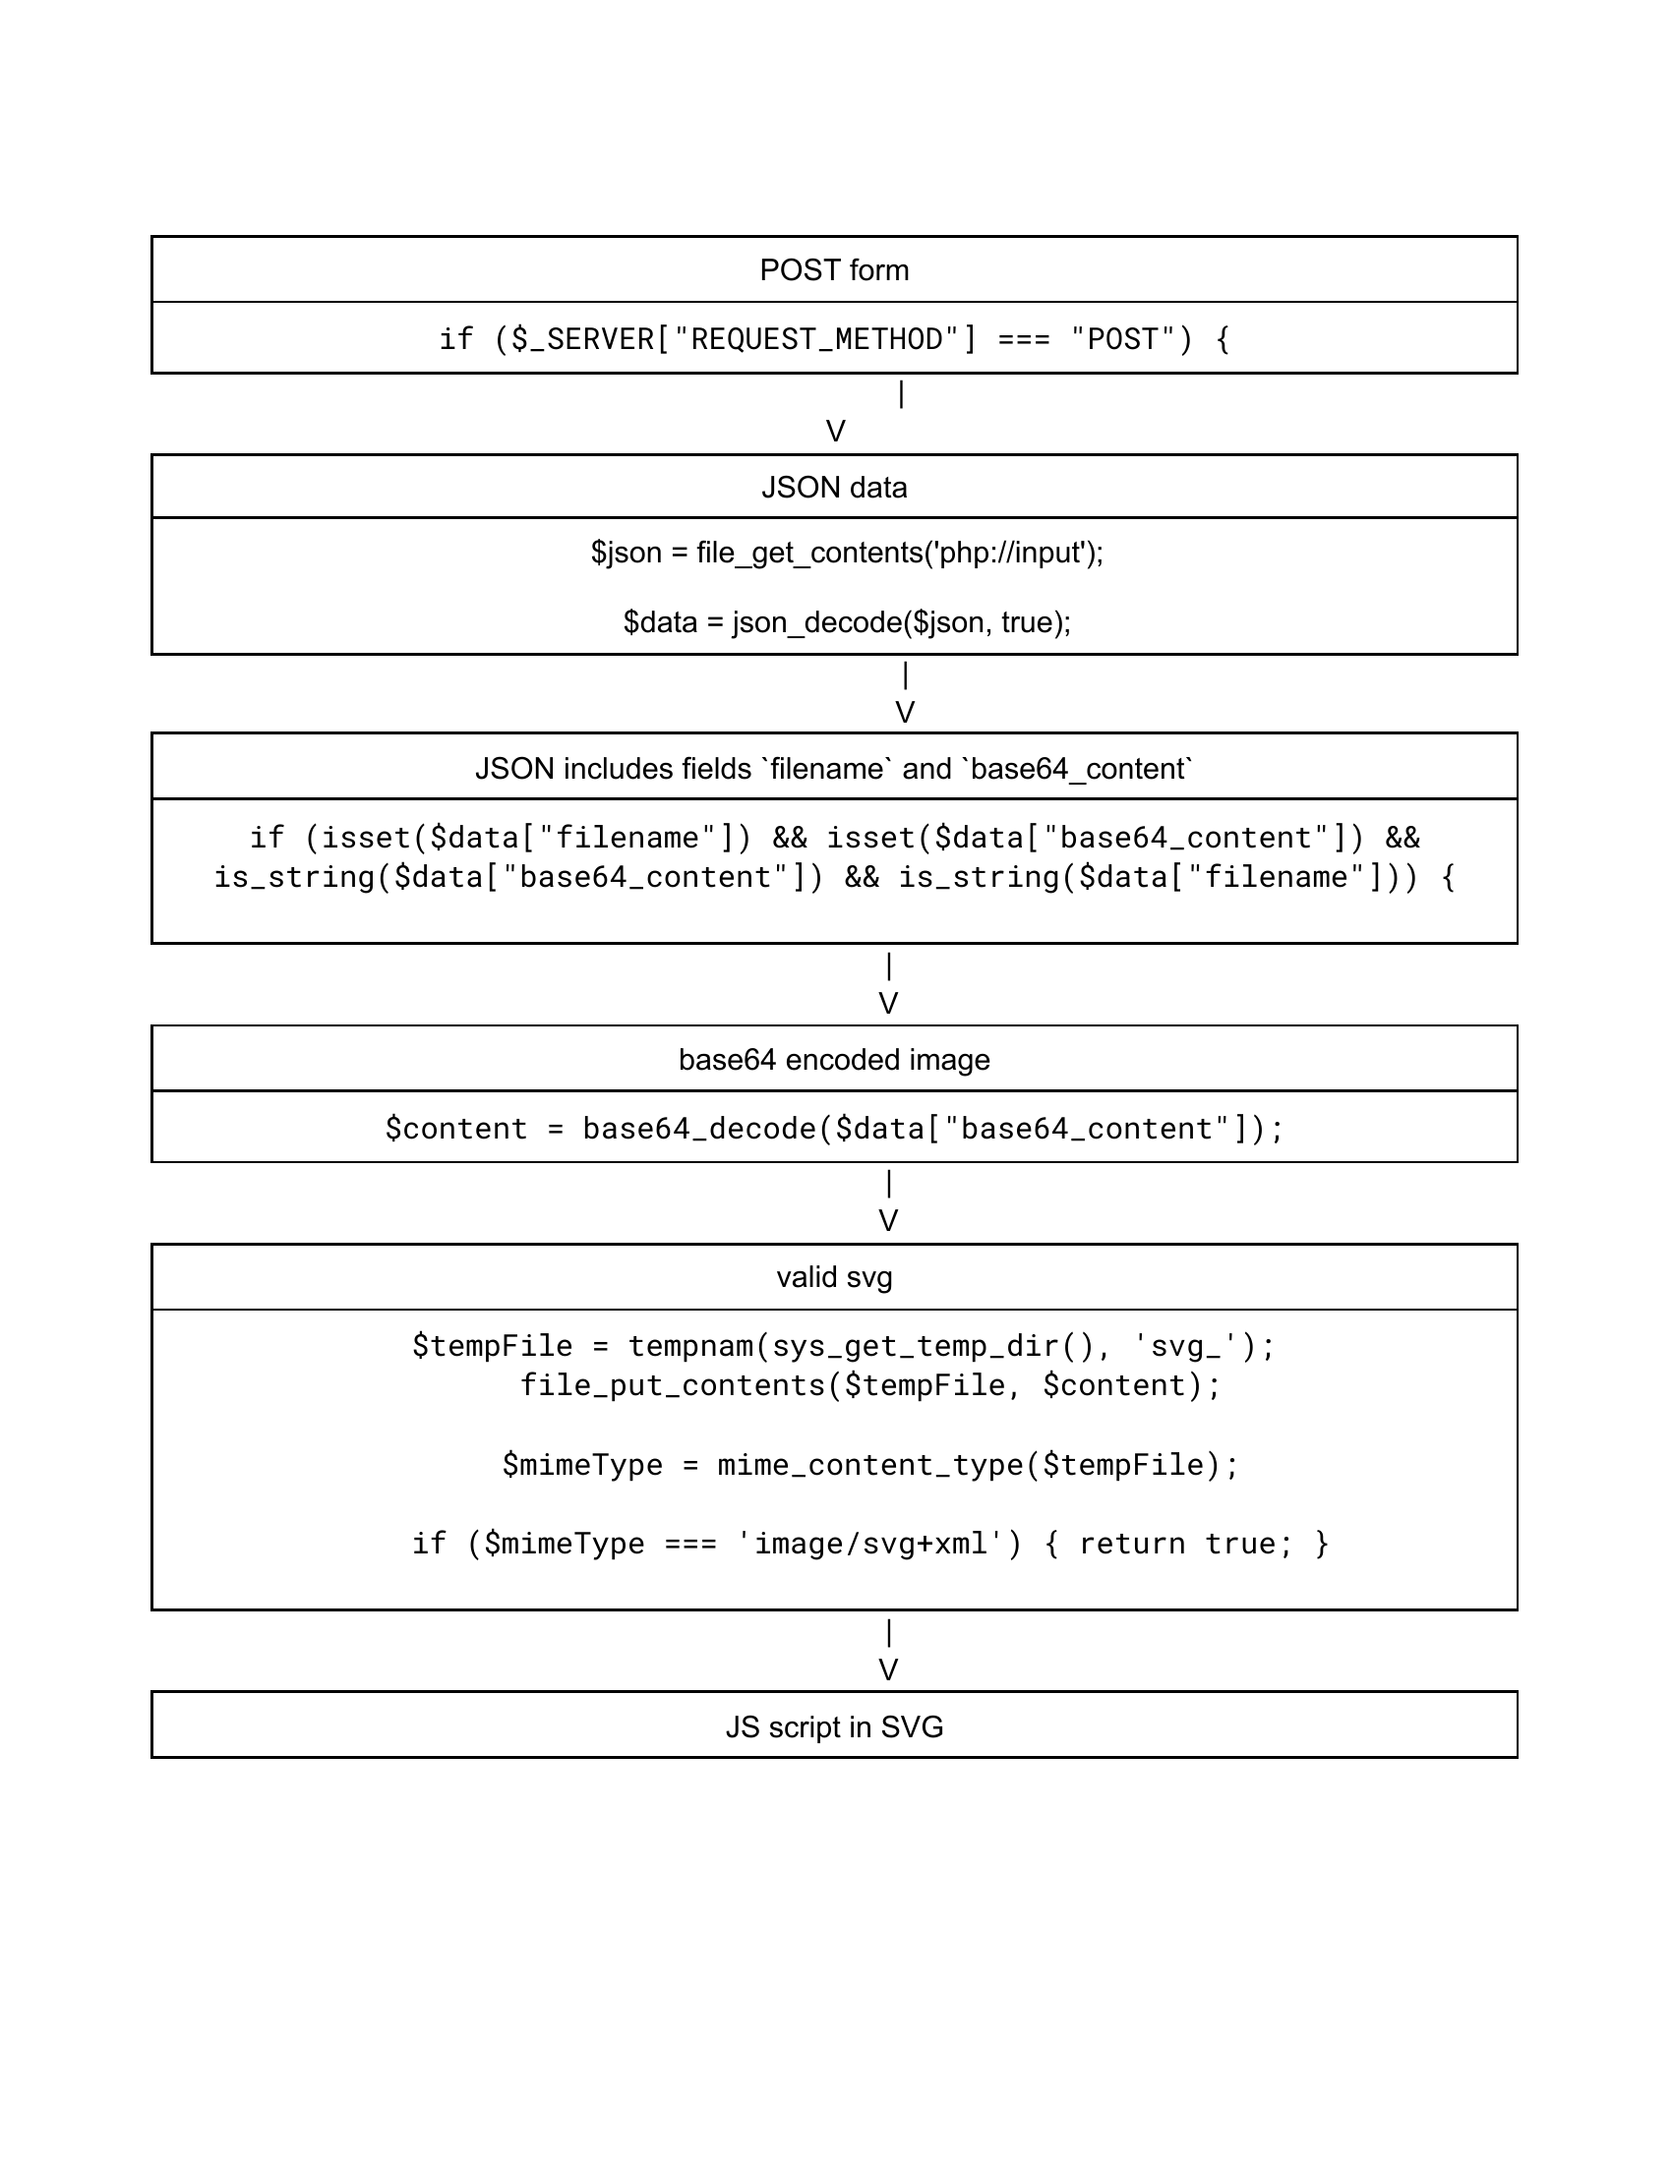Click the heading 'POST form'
point(834,269)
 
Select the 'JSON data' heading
point(834,488)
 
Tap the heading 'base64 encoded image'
point(834,1060)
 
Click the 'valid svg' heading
point(834,1276)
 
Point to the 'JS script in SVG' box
point(834,1726)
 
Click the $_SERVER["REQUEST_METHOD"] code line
point(834,340)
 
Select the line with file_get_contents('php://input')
point(847,552)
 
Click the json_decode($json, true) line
point(847,622)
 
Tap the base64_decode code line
point(834,1128)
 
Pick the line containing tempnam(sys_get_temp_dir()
point(844,1346)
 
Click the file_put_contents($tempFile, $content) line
point(870,1384)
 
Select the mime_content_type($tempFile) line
point(870,1464)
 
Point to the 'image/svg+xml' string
point(870,1543)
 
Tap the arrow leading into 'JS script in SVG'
point(888,1651)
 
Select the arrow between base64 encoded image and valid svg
point(888,1201)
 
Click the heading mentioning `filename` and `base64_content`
point(834,769)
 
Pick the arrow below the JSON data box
point(904,693)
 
